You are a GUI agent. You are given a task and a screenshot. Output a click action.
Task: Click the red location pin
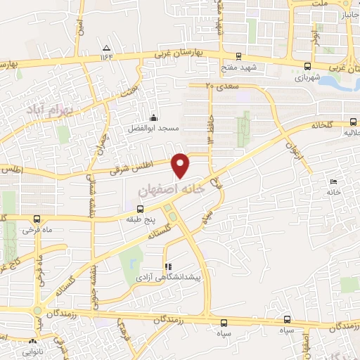tap(181, 165)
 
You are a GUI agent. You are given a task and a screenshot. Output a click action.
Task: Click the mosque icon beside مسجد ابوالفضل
tap(154, 117)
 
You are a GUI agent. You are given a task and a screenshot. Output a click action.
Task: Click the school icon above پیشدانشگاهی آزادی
tap(167, 266)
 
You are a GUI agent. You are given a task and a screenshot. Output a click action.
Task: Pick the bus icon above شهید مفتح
tap(238, 56)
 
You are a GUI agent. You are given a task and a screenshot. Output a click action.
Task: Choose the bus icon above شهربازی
tap(306, 67)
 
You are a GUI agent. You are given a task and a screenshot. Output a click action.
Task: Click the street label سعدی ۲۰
tap(222, 85)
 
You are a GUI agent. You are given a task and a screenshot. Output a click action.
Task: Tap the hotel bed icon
tap(333, 182)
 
